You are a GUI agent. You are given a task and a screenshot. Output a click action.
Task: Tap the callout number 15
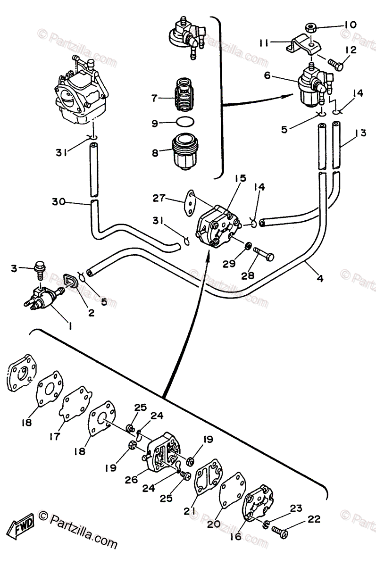[240, 179]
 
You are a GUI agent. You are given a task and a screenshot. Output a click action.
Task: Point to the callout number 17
[55, 436]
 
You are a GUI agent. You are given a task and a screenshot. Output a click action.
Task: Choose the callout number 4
[319, 278]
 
